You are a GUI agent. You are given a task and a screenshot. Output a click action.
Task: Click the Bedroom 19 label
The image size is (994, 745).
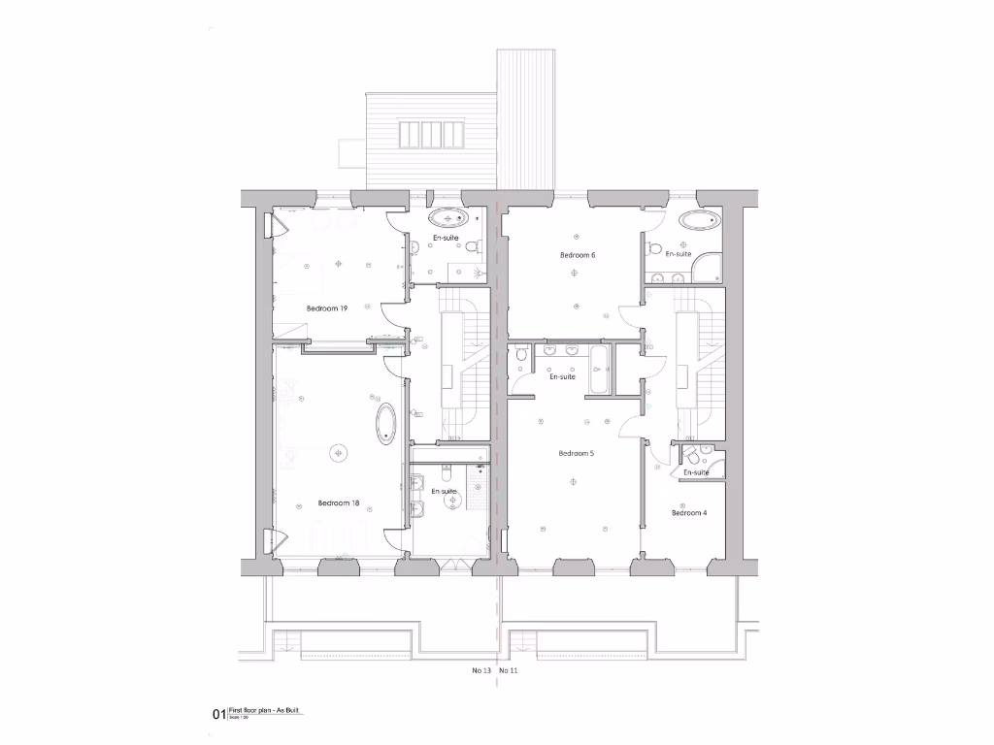327,308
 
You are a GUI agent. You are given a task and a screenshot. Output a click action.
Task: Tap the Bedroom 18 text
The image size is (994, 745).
339,503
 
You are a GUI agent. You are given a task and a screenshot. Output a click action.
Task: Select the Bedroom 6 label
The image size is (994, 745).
577,255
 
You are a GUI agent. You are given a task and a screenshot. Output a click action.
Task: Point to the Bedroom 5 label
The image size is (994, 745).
576,453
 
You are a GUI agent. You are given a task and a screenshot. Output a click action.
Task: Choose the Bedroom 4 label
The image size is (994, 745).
688,512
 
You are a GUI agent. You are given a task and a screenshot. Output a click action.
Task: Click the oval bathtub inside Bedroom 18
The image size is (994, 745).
386,424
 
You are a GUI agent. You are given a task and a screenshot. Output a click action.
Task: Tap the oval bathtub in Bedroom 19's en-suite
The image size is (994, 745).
448,218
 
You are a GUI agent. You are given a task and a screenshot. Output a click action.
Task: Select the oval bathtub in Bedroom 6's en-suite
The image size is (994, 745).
700,219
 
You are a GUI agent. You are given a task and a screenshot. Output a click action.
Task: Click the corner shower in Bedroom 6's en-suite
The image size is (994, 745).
708,268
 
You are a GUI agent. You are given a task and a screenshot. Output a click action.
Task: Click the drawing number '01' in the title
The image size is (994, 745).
218,715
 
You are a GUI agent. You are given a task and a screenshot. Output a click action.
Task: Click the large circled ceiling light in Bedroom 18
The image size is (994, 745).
339,451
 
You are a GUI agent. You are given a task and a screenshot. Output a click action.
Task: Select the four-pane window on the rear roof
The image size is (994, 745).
432,133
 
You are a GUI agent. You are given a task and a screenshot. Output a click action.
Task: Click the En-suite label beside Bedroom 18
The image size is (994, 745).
444,491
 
